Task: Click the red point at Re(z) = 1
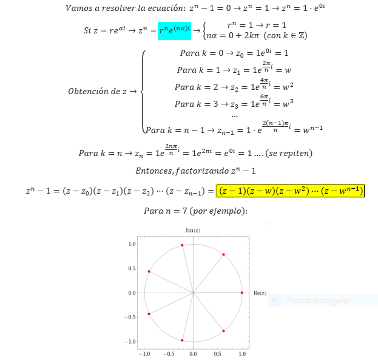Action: pos(242,293)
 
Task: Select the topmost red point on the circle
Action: pos(182,245)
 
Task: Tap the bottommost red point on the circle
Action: pos(182,340)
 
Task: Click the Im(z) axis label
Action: pos(193,230)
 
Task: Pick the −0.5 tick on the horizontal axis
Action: pos(168,353)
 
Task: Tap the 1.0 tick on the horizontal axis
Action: pos(242,353)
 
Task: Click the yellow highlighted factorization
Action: pos(291,191)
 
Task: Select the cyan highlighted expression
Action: pos(174,30)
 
